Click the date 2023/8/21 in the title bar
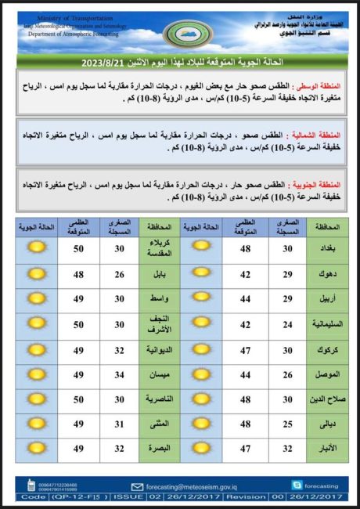[103, 61]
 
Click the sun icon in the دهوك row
[202, 274]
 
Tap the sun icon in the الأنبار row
[202, 449]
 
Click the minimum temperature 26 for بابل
[120, 274]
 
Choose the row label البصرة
[159, 449]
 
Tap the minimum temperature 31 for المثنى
[120, 424]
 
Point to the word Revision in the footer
[245, 496]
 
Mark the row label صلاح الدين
[328, 399]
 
